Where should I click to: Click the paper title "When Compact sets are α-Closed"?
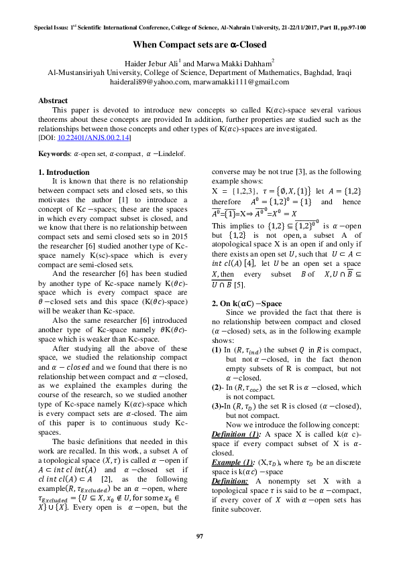tap(199, 45)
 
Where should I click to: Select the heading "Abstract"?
tap(53, 100)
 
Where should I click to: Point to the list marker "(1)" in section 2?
tap(217, 349)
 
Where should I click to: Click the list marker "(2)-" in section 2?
tap(217, 387)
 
